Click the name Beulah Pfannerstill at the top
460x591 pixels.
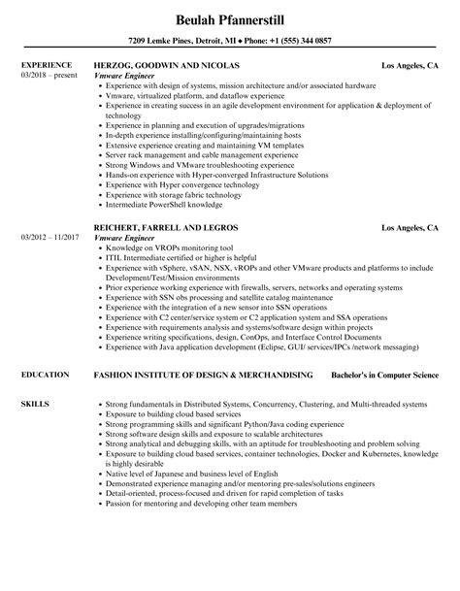229,18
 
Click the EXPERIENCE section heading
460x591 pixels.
49,66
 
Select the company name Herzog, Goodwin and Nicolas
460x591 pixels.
165,66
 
